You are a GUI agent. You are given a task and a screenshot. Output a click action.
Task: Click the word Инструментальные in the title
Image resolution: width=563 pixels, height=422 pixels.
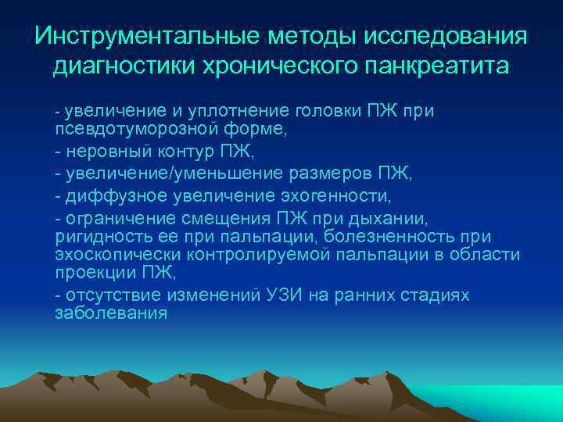point(147,36)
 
